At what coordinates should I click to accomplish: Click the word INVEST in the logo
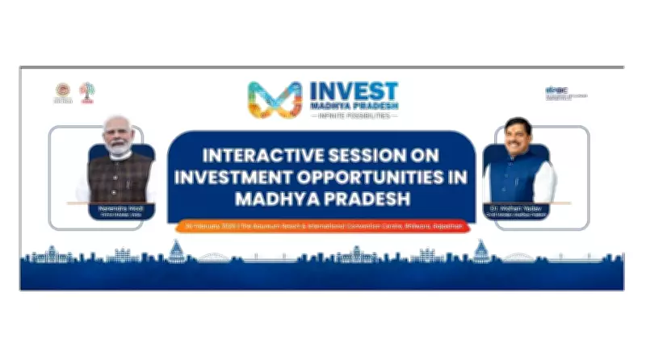tap(354, 90)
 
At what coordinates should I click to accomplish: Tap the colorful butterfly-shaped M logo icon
tap(274, 99)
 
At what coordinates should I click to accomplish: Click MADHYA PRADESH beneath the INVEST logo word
tap(354, 106)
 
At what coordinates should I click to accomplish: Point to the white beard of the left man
tap(120, 150)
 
